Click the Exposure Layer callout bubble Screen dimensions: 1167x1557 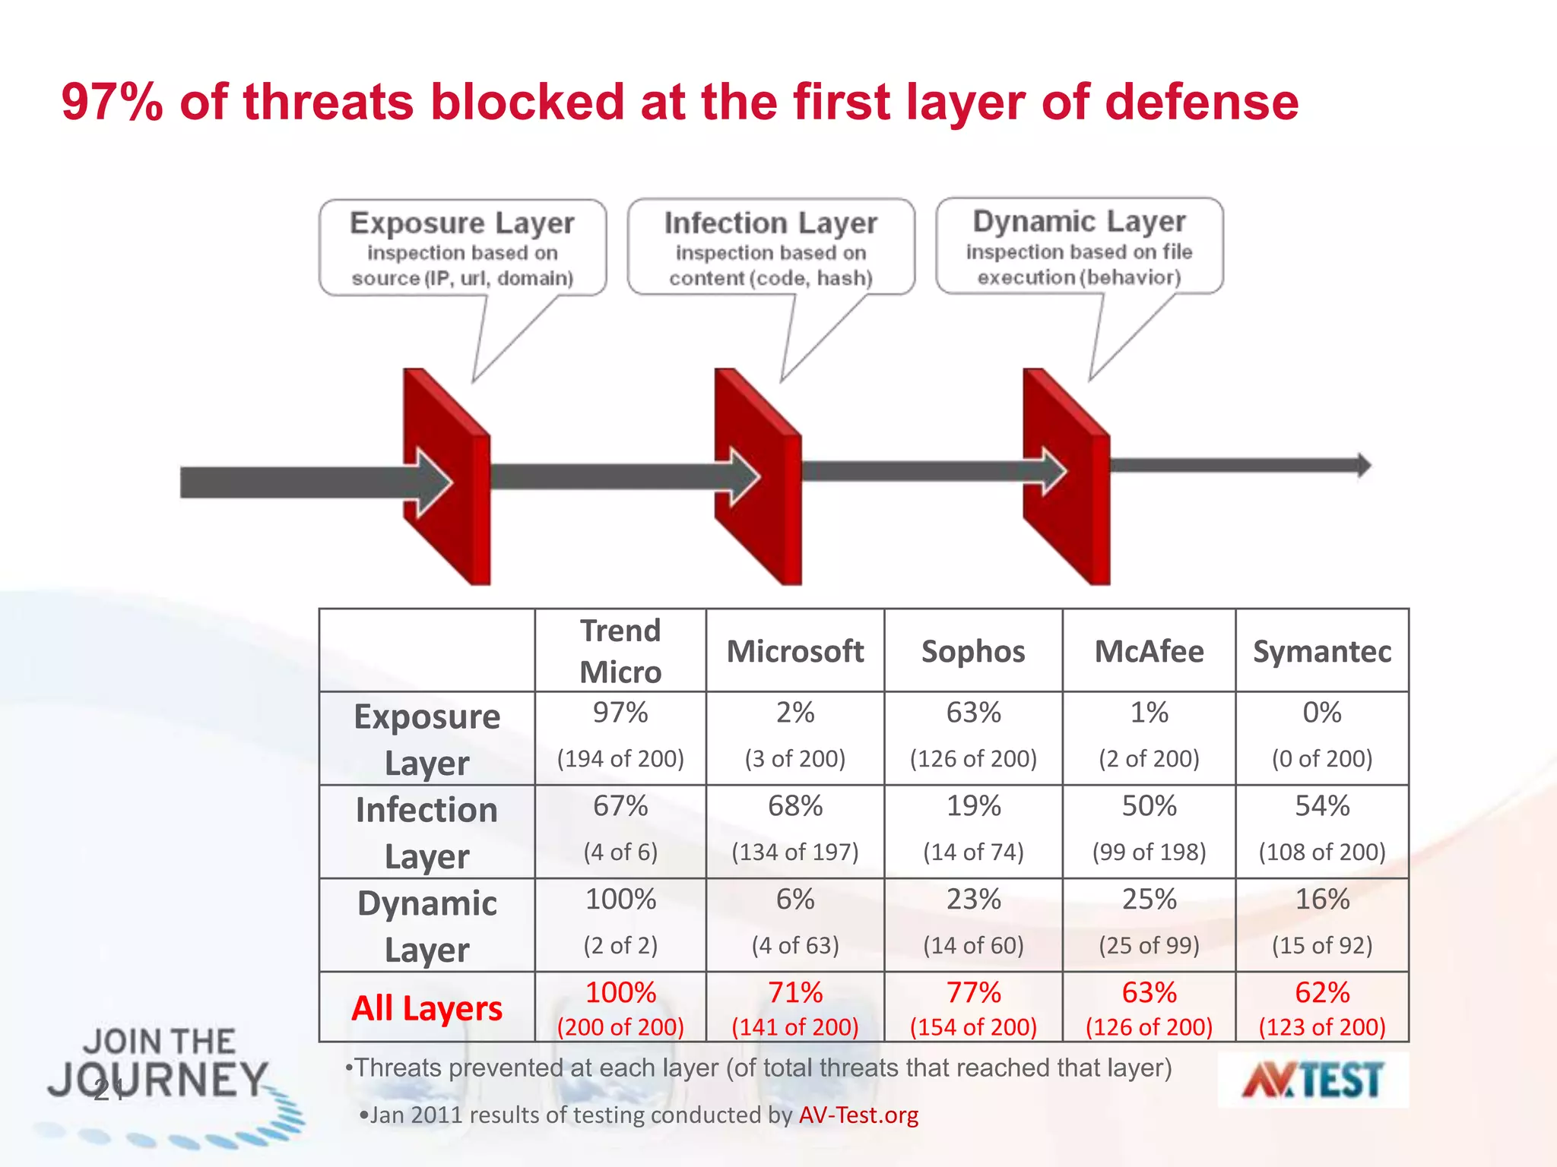coord(462,248)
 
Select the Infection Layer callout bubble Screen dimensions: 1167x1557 coord(771,248)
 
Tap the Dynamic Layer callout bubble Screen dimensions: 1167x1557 coord(1079,246)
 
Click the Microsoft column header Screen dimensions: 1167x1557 coord(794,651)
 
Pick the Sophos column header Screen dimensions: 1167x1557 coord(973,651)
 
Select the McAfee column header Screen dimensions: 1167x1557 coord(1149,651)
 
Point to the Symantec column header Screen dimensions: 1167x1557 coord(1322,651)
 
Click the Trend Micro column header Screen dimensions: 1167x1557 coord(620,651)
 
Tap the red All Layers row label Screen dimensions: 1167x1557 coord(427,1008)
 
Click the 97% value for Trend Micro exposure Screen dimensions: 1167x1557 coord(620,713)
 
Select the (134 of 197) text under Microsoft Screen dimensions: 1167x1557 coord(794,852)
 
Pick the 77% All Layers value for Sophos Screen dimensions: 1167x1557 coord(973,992)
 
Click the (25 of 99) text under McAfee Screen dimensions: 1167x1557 coord(1149,945)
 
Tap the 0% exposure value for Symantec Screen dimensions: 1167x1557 coord(1322,713)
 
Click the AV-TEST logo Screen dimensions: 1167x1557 coord(1313,1080)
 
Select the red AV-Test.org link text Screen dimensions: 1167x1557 coord(858,1115)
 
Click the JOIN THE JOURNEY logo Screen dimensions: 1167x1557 coord(163,1071)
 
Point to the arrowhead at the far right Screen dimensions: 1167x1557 coord(1364,465)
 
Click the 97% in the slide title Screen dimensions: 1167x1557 coord(112,102)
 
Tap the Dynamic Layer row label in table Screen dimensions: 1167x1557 coord(427,926)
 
